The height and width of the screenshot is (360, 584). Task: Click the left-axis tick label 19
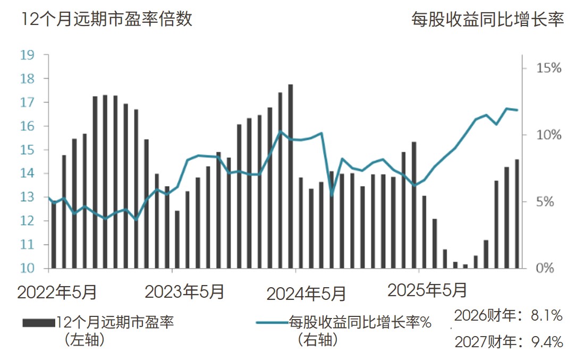pyautogui.click(x=27, y=55)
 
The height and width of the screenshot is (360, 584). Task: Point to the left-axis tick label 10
pyautogui.click(x=27, y=269)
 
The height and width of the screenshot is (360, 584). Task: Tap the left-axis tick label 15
pyautogui.click(x=27, y=150)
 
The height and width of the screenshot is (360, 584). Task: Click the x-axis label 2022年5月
pyautogui.click(x=57, y=292)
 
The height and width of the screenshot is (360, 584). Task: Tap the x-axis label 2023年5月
pyautogui.click(x=184, y=292)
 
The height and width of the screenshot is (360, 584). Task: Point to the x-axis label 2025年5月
pyautogui.click(x=428, y=290)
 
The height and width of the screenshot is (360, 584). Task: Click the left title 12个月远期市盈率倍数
pyautogui.click(x=106, y=19)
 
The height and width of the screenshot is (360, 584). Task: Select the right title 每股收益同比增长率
pyautogui.click(x=487, y=20)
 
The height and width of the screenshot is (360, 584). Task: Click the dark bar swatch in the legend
pyautogui.click(x=38, y=322)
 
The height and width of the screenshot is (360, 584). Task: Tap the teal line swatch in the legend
pyautogui.click(x=272, y=322)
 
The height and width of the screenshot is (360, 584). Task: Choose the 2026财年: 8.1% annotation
pyautogui.click(x=509, y=316)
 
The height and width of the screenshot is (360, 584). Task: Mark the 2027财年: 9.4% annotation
pyautogui.click(x=509, y=341)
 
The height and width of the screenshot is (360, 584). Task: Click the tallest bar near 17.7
pyautogui.click(x=291, y=175)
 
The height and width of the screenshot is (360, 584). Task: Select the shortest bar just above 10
pyautogui.click(x=465, y=266)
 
